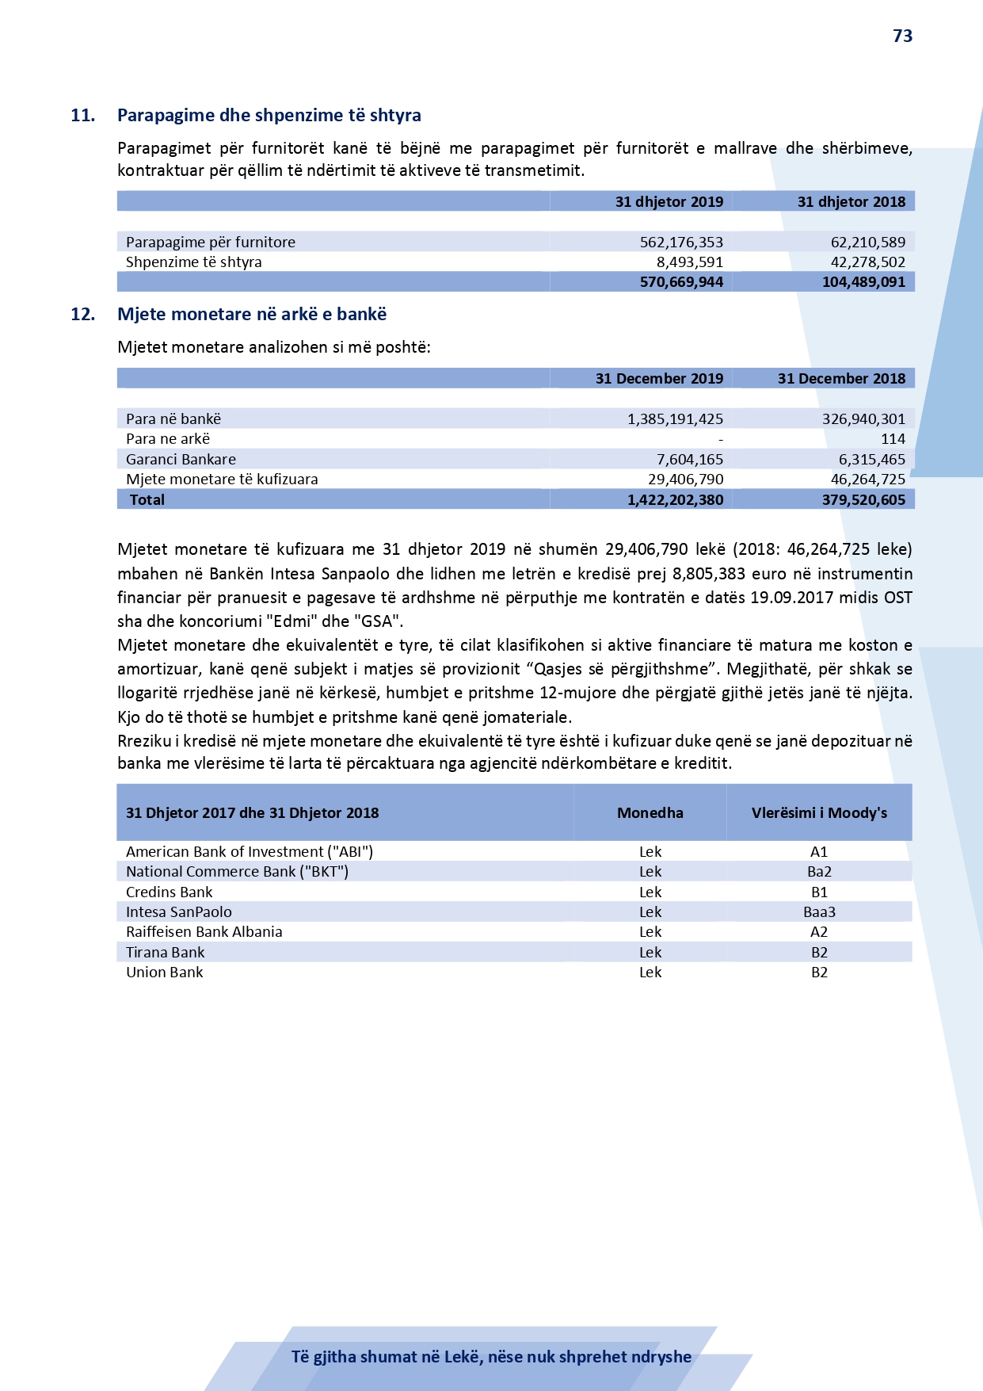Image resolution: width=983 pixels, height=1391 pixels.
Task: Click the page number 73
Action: [x=902, y=36]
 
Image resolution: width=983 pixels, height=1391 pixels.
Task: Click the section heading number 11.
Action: [x=82, y=115]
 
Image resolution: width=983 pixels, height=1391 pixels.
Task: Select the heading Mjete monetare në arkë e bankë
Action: [x=252, y=314]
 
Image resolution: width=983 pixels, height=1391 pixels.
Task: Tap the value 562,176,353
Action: [x=681, y=242]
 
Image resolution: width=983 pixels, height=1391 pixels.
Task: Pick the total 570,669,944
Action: [x=681, y=282]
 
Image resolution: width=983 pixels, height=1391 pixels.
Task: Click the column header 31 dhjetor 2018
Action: [x=851, y=201]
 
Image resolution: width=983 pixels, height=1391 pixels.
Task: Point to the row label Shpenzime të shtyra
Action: [x=193, y=262]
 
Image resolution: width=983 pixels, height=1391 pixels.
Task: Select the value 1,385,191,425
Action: [x=675, y=418]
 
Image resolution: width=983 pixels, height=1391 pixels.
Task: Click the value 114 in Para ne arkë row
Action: [x=893, y=439]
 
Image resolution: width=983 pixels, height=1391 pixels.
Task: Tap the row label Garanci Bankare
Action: [x=181, y=459]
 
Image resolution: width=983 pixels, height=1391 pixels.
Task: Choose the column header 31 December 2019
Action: [x=659, y=378]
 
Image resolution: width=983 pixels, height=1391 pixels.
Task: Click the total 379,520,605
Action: [x=863, y=499]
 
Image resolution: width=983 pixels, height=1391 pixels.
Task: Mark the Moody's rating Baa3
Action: [x=819, y=912]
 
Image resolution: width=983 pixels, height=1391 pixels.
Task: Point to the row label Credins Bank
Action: [x=169, y=892]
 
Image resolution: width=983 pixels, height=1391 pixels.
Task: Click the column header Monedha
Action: [x=650, y=812]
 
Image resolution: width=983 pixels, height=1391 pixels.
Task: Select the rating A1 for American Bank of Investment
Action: [x=819, y=851]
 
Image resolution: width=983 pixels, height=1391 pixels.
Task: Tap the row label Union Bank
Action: [x=164, y=973]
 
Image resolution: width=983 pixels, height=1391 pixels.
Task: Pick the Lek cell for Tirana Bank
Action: [x=650, y=952]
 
